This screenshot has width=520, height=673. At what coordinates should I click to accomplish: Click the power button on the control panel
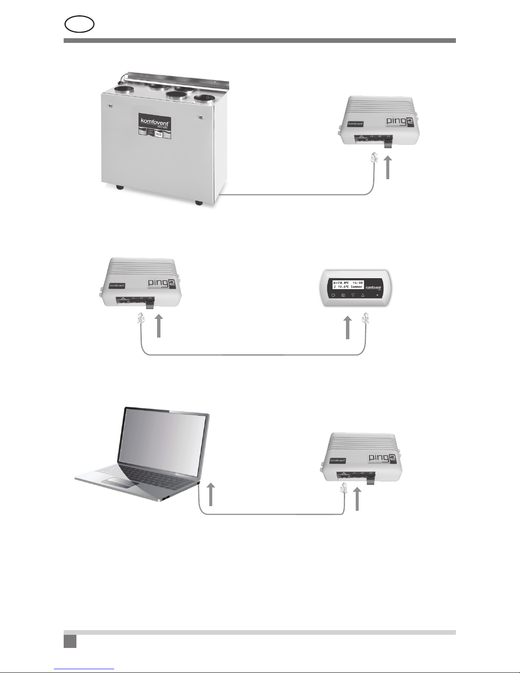click(334, 295)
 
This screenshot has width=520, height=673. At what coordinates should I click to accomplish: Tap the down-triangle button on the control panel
click(353, 295)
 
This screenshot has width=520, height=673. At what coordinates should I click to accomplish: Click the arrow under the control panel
click(348, 327)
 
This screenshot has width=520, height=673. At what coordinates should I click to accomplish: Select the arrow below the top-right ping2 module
click(388, 167)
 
